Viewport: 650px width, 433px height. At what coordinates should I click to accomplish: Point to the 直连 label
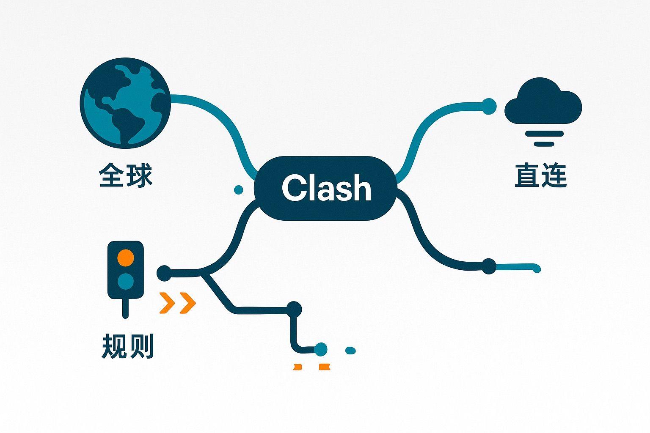[540, 176]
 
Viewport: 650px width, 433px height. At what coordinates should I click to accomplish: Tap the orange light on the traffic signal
[125, 258]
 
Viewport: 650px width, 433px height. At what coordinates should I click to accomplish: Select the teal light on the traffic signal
[125, 280]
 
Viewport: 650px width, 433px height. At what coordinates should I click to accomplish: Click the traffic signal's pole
[125, 308]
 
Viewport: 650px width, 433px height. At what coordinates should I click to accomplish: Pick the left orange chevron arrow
[168, 302]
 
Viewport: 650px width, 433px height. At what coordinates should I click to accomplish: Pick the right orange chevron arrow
[188, 302]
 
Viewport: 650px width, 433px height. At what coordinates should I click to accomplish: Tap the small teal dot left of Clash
[238, 189]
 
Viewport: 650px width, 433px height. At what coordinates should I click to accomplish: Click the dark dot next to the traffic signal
[164, 273]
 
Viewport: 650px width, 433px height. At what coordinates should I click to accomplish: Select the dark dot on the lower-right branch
[489, 266]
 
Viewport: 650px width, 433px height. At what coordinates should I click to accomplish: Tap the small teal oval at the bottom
[350, 351]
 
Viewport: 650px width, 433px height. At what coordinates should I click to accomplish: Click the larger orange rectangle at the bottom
[324, 367]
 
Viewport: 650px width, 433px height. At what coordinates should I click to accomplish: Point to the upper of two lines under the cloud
[544, 134]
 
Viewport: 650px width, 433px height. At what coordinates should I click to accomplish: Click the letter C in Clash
[293, 188]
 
